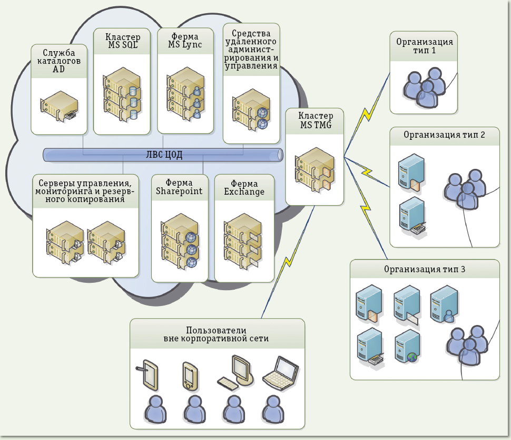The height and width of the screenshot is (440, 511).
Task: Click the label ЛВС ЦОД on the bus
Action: pos(164,155)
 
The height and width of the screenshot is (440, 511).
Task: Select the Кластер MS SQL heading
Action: pos(123,42)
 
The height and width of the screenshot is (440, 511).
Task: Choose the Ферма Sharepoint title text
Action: pos(179,187)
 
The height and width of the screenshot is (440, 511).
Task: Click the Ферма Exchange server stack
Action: pos(242,240)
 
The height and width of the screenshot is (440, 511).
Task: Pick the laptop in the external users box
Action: pos(281,373)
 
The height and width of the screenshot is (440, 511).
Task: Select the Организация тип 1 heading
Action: pos(425,46)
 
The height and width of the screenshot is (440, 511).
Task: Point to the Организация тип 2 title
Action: pos(444,135)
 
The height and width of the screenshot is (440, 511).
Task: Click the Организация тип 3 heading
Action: pos(424,270)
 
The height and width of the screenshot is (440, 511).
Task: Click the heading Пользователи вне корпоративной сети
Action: pos(217,333)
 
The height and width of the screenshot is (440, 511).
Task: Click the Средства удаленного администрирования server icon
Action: pos(251,110)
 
